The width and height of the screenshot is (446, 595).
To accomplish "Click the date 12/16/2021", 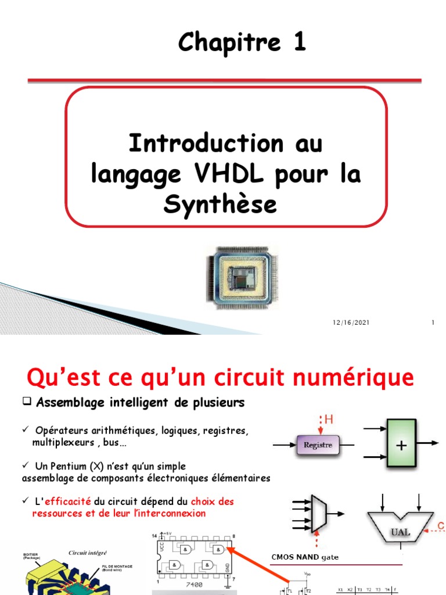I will click(352, 323).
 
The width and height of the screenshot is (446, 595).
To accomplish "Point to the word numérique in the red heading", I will click(359, 378).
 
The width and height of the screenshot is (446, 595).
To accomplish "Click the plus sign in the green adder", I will click(400, 445).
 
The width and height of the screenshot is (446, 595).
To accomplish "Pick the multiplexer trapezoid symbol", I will click(319, 513).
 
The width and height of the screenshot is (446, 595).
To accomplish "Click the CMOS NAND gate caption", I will click(305, 557).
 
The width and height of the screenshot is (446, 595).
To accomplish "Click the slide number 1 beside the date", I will click(433, 323).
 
